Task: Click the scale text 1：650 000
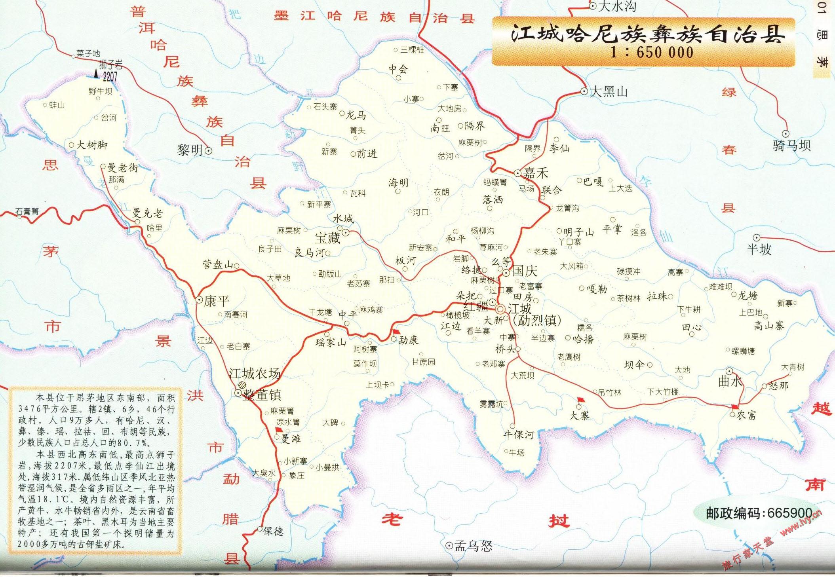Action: [652, 52]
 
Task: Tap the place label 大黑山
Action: [609, 92]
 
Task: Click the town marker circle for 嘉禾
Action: [517, 173]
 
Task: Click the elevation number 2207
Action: [110, 76]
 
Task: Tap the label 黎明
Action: [190, 150]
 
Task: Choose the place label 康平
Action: [217, 301]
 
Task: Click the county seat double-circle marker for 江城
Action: [501, 309]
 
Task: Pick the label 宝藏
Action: [327, 238]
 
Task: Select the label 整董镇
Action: [262, 395]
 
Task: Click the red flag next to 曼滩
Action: [279, 430]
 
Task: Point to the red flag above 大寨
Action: [581, 400]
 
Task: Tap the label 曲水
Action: [730, 382]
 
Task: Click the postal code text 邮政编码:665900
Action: [759, 513]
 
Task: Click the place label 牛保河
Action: [519, 435]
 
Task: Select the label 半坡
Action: [759, 250]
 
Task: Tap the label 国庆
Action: [525, 271]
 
